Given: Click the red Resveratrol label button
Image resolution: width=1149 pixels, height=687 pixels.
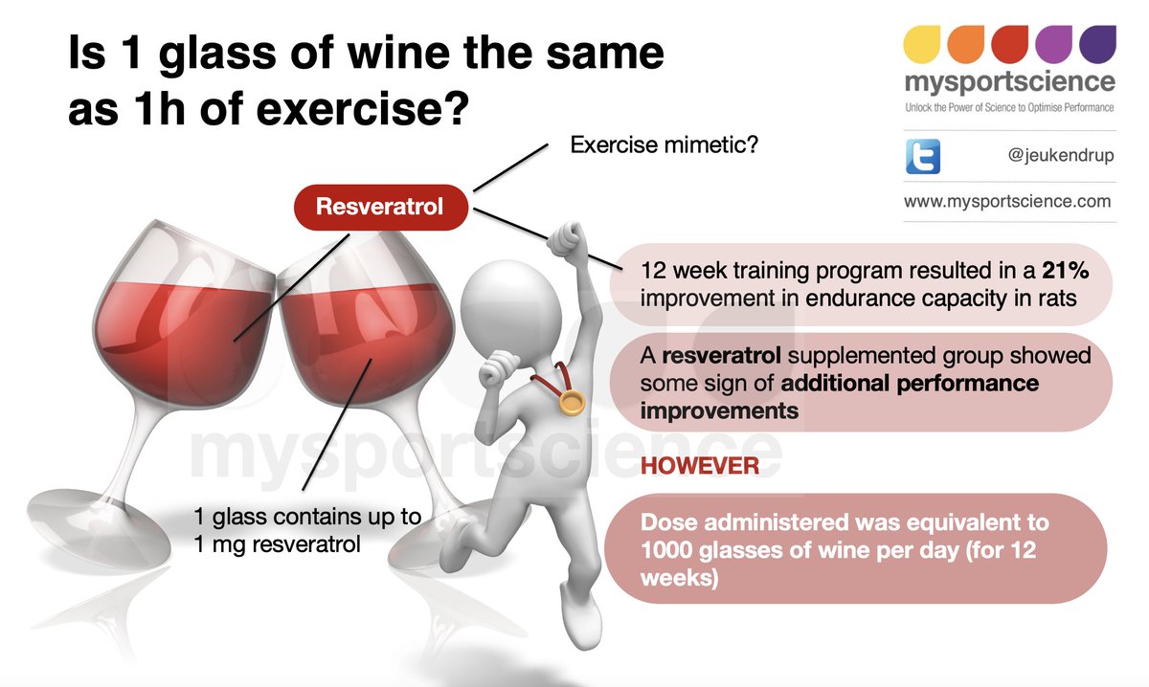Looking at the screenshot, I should (x=380, y=207).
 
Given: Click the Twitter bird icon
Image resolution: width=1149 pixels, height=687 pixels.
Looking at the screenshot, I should (x=922, y=155).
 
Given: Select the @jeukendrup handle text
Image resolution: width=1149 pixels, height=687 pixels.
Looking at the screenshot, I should (x=1060, y=156).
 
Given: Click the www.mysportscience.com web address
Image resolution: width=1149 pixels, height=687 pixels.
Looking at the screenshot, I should (x=1007, y=202).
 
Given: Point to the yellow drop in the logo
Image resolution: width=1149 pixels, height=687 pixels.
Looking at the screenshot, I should (x=922, y=43).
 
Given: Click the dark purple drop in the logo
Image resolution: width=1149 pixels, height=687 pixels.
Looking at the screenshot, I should (x=1096, y=43).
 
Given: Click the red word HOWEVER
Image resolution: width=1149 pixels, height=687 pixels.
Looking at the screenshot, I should (x=699, y=466).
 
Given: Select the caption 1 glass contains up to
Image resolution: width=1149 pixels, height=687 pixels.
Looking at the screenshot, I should (x=306, y=517).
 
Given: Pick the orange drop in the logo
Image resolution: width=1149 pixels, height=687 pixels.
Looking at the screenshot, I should (x=965, y=43).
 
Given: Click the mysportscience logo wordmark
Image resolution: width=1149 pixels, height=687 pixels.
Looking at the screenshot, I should (x=1009, y=81).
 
